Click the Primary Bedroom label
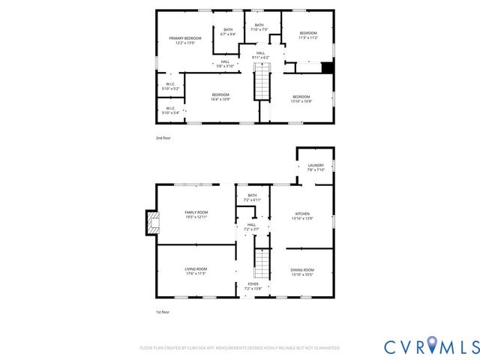point(184,40)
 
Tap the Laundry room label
point(315,167)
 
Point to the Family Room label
point(196,215)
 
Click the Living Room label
point(196,271)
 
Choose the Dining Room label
point(302,271)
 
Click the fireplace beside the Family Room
point(153,222)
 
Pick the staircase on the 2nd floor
point(261,82)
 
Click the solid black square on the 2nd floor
point(326,67)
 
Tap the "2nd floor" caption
point(163,139)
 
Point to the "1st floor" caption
point(162,311)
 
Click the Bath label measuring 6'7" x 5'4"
point(228,32)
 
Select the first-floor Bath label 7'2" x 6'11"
point(252,199)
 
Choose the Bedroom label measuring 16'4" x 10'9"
point(220,97)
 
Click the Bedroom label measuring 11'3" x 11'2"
point(308,35)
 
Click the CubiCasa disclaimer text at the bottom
point(240,348)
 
